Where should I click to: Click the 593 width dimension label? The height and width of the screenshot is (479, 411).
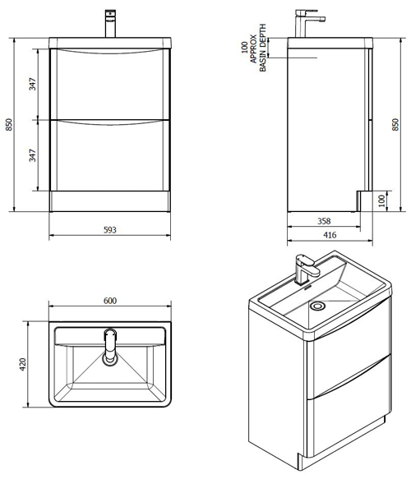[109, 230]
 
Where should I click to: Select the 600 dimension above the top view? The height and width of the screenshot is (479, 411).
[109, 301]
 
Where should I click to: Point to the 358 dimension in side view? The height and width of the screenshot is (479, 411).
[323, 221]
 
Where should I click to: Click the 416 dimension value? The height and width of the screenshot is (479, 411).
[329, 236]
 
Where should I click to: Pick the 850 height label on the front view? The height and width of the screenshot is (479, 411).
[10, 124]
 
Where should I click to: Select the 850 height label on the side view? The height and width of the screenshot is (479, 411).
[395, 124]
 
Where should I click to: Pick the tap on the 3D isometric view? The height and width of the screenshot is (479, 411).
[305, 269]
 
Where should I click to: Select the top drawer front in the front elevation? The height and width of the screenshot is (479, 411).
[109, 84]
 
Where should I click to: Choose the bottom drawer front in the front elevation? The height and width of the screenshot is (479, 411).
[109, 156]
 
